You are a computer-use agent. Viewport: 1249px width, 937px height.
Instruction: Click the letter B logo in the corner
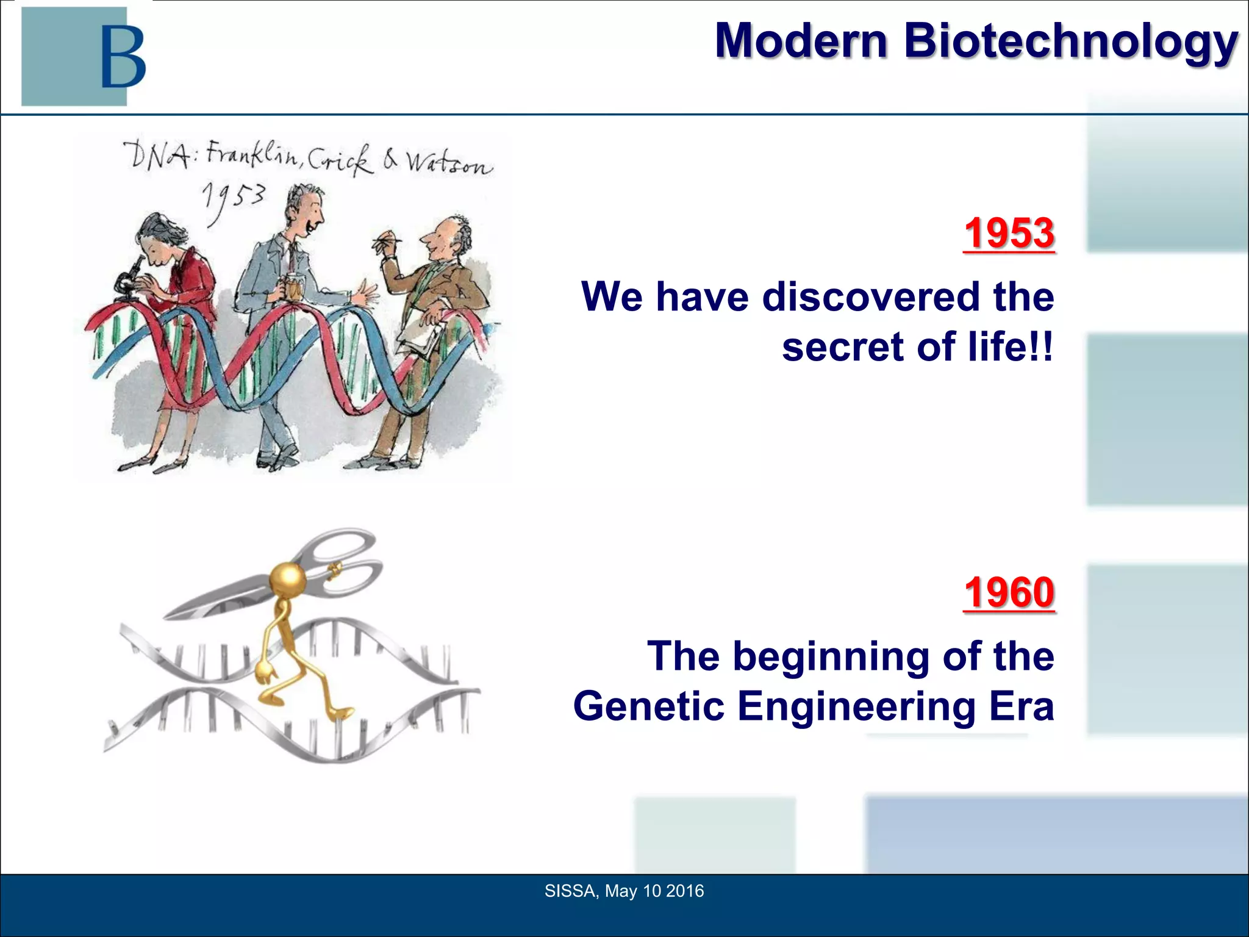(x=123, y=56)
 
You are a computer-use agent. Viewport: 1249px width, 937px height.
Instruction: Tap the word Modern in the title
(x=800, y=41)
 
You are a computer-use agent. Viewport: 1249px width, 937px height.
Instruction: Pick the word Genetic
(x=649, y=706)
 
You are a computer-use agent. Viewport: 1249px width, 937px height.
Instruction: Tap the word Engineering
(x=857, y=706)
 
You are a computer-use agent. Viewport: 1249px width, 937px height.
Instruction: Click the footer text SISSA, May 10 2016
(x=624, y=891)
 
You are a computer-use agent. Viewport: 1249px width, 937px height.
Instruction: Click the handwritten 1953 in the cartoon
(x=234, y=198)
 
